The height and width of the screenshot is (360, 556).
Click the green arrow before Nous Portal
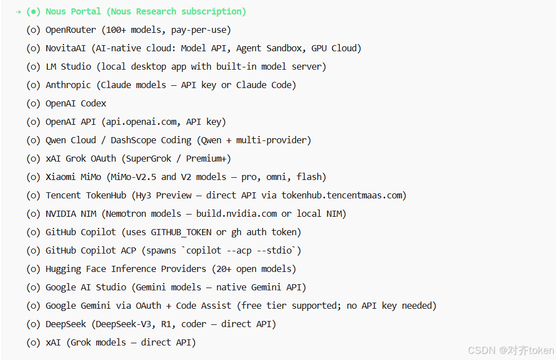click(x=18, y=12)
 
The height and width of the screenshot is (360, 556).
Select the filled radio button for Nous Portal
click(x=33, y=12)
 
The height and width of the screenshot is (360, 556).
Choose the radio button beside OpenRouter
click(x=33, y=30)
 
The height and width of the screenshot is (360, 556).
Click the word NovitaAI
click(x=66, y=48)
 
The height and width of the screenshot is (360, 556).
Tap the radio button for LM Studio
click(x=33, y=67)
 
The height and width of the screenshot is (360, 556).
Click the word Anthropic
click(x=68, y=85)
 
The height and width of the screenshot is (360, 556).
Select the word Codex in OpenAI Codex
click(x=93, y=104)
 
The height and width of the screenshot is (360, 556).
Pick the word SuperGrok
click(x=149, y=159)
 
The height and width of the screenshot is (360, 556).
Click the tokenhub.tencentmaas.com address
click(x=342, y=196)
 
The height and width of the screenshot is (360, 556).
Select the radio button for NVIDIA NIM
click(x=33, y=214)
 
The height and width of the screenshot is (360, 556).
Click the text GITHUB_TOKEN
click(x=181, y=232)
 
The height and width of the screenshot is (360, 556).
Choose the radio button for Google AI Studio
click(x=33, y=288)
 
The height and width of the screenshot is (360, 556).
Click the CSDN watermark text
click(x=511, y=351)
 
